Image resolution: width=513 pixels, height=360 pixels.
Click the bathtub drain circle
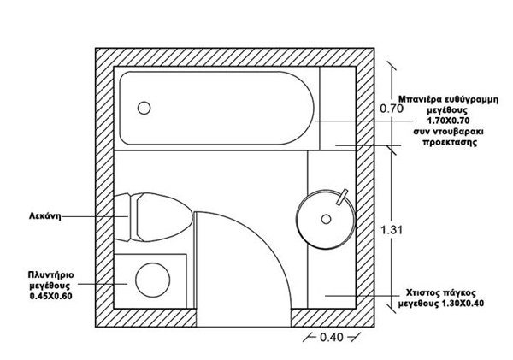click(144, 108)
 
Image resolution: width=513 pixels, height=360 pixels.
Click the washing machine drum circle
click(155, 280)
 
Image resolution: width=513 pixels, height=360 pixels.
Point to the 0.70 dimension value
click(391, 109)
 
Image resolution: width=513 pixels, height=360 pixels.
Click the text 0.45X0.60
click(49, 296)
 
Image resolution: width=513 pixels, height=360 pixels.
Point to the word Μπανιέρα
click(424, 99)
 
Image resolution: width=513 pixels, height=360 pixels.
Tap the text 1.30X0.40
click(466, 303)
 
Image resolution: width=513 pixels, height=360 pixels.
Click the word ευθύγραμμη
click(475, 99)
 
